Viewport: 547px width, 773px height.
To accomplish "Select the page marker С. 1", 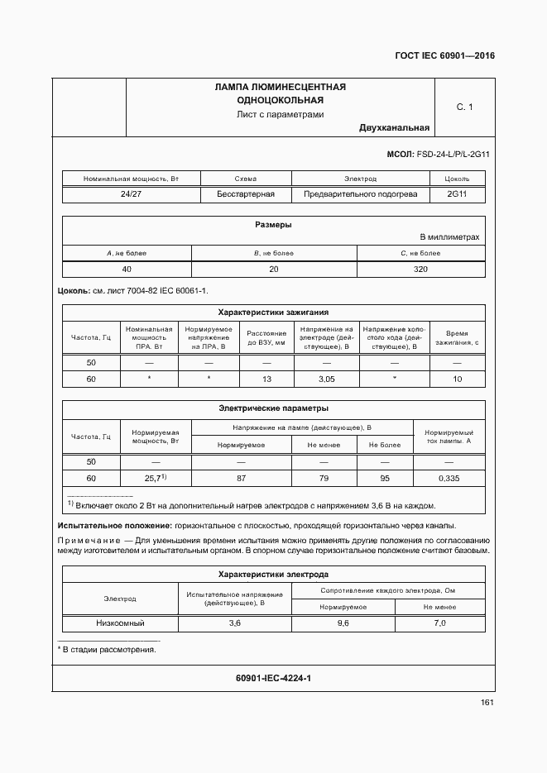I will (x=464, y=107).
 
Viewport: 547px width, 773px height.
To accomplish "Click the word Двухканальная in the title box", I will (x=394, y=128).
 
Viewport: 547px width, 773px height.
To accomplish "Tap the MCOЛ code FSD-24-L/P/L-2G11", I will (x=439, y=155).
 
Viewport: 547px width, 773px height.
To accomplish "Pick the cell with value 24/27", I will (x=131, y=194).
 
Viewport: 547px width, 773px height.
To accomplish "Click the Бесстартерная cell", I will (x=246, y=194).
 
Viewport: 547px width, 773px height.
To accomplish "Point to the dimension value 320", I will (x=420, y=270).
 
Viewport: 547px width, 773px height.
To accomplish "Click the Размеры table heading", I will (x=272, y=225).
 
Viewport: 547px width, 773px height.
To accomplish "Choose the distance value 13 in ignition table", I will (x=266, y=379).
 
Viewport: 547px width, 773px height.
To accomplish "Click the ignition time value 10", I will (x=457, y=379).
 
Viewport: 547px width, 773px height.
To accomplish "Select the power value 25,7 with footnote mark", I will (x=156, y=479).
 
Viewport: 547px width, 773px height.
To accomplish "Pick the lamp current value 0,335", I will (x=449, y=479).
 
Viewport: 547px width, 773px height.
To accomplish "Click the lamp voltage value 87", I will (x=240, y=479).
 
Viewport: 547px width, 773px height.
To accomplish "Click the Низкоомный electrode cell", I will (x=119, y=623).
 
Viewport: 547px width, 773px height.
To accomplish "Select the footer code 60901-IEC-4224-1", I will (x=273, y=678).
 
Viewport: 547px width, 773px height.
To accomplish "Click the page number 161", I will (x=487, y=703).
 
